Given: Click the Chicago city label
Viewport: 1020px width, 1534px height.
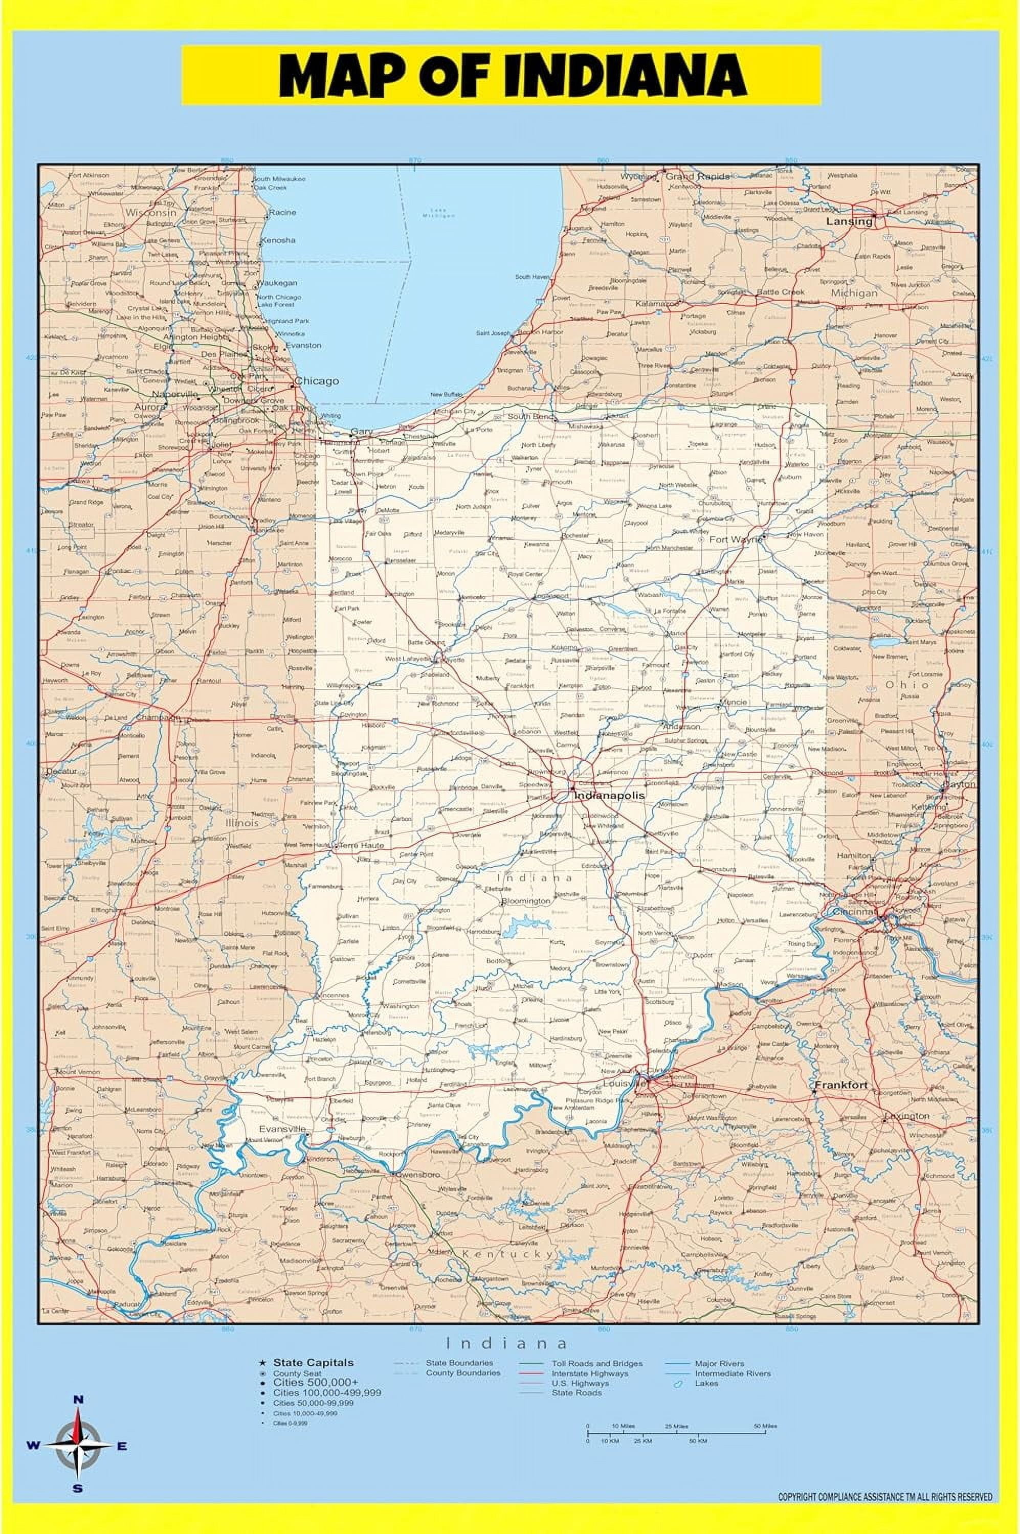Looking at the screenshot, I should pyautogui.click(x=317, y=380).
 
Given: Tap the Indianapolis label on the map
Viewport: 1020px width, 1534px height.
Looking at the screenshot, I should pyautogui.click(x=609, y=795).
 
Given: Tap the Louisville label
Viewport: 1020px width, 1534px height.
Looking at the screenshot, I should pyautogui.click(x=623, y=1084).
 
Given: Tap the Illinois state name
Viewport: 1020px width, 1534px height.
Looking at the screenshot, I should pyautogui.click(x=242, y=823).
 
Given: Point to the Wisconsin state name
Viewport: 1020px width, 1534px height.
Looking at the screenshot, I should pyautogui.click(x=151, y=213).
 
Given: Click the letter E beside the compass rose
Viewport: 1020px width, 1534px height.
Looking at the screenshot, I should pyautogui.click(x=122, y=1447).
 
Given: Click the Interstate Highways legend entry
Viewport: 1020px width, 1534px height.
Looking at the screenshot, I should pyautogui.click(x=590, y=1374).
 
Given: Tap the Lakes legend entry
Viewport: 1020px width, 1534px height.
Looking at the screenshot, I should pyautogui.click(x=706, y=1384).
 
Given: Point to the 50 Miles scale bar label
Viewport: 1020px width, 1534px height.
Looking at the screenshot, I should pyautogui.click(x=765, y=1427).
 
